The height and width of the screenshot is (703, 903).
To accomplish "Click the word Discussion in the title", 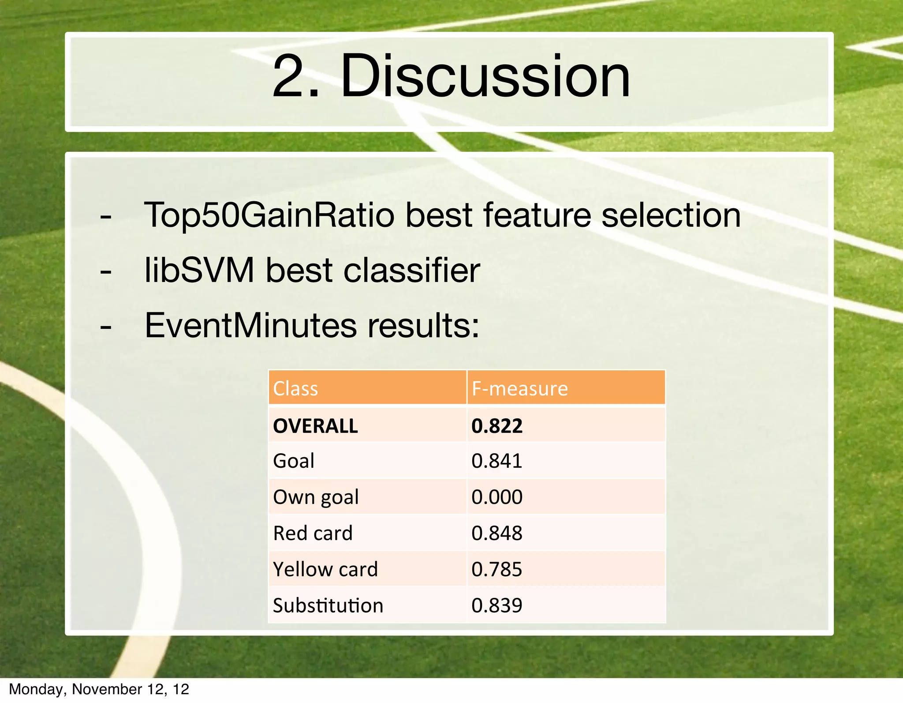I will pyautogui.click(x=485, y=76).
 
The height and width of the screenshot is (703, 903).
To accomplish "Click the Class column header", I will pyautogui.click(x=295, y=389).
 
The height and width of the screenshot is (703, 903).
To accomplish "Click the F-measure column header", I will pyautogui.click(x=519, y=389).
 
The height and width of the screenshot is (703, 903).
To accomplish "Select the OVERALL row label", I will pyautogui.click(x=315, y=426).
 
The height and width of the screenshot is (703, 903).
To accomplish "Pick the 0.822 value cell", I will pyautogui.click(x=496, y=426).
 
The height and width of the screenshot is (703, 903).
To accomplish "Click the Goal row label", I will pyautogui.click(x=294, y=461).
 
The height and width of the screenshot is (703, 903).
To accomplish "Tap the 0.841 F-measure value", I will pyautogui.click(x=496, y=461).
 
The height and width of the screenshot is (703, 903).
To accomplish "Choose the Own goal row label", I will pyautogui.click(x=316, y=497).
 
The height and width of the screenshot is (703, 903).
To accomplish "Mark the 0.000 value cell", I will pyautogui.click(x=496, y=497).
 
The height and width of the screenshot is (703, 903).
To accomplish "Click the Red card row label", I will pyautogui.click(x=313, y=533).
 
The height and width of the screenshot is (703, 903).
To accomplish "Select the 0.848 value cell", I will pyautogui.click(x=496, y=533).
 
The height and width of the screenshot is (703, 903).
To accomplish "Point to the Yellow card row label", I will pyautogui.click(x=325, y=569).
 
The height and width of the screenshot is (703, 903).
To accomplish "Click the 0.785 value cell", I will pyautogui.click(x=496, y=569).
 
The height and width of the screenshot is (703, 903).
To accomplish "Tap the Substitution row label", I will pyautogui.click(x=328, y=605).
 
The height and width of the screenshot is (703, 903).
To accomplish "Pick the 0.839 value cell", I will pyautogui.click(x=496, y=605).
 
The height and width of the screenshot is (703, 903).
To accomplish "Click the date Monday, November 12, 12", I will pyautogui.click(x=99, y=689).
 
